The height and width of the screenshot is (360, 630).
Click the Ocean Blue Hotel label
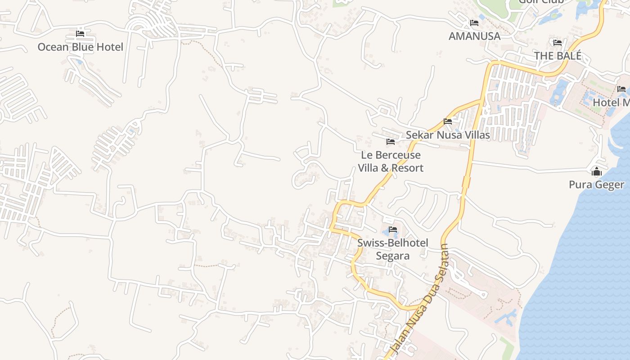[80, 47]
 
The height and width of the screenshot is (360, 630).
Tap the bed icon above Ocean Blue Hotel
[80, 33]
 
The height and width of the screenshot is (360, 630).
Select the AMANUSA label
[474, 36]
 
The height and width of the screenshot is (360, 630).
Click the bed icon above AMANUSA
[474, 22]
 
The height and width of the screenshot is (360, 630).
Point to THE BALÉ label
[558, 56]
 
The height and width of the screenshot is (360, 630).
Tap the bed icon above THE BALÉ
[558, 43]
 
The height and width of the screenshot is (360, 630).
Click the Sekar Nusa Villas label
[448, 135]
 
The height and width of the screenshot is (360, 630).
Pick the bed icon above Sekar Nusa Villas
[448, 121]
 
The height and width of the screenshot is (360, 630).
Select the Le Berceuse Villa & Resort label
[391, 162]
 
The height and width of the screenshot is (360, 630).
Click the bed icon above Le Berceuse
[391, 142]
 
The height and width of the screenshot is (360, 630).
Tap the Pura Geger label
[597, 184]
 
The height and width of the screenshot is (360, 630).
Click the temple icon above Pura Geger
[597, 171]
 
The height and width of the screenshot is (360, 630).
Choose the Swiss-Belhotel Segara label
[393, 249]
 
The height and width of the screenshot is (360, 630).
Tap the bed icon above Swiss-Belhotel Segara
[393, 229]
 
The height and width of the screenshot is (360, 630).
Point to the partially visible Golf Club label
[541, 2]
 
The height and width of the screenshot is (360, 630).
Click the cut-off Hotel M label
[611, 102]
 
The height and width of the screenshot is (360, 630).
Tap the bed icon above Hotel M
[621, 89]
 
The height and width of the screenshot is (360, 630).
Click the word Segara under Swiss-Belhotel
[393, 256]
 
